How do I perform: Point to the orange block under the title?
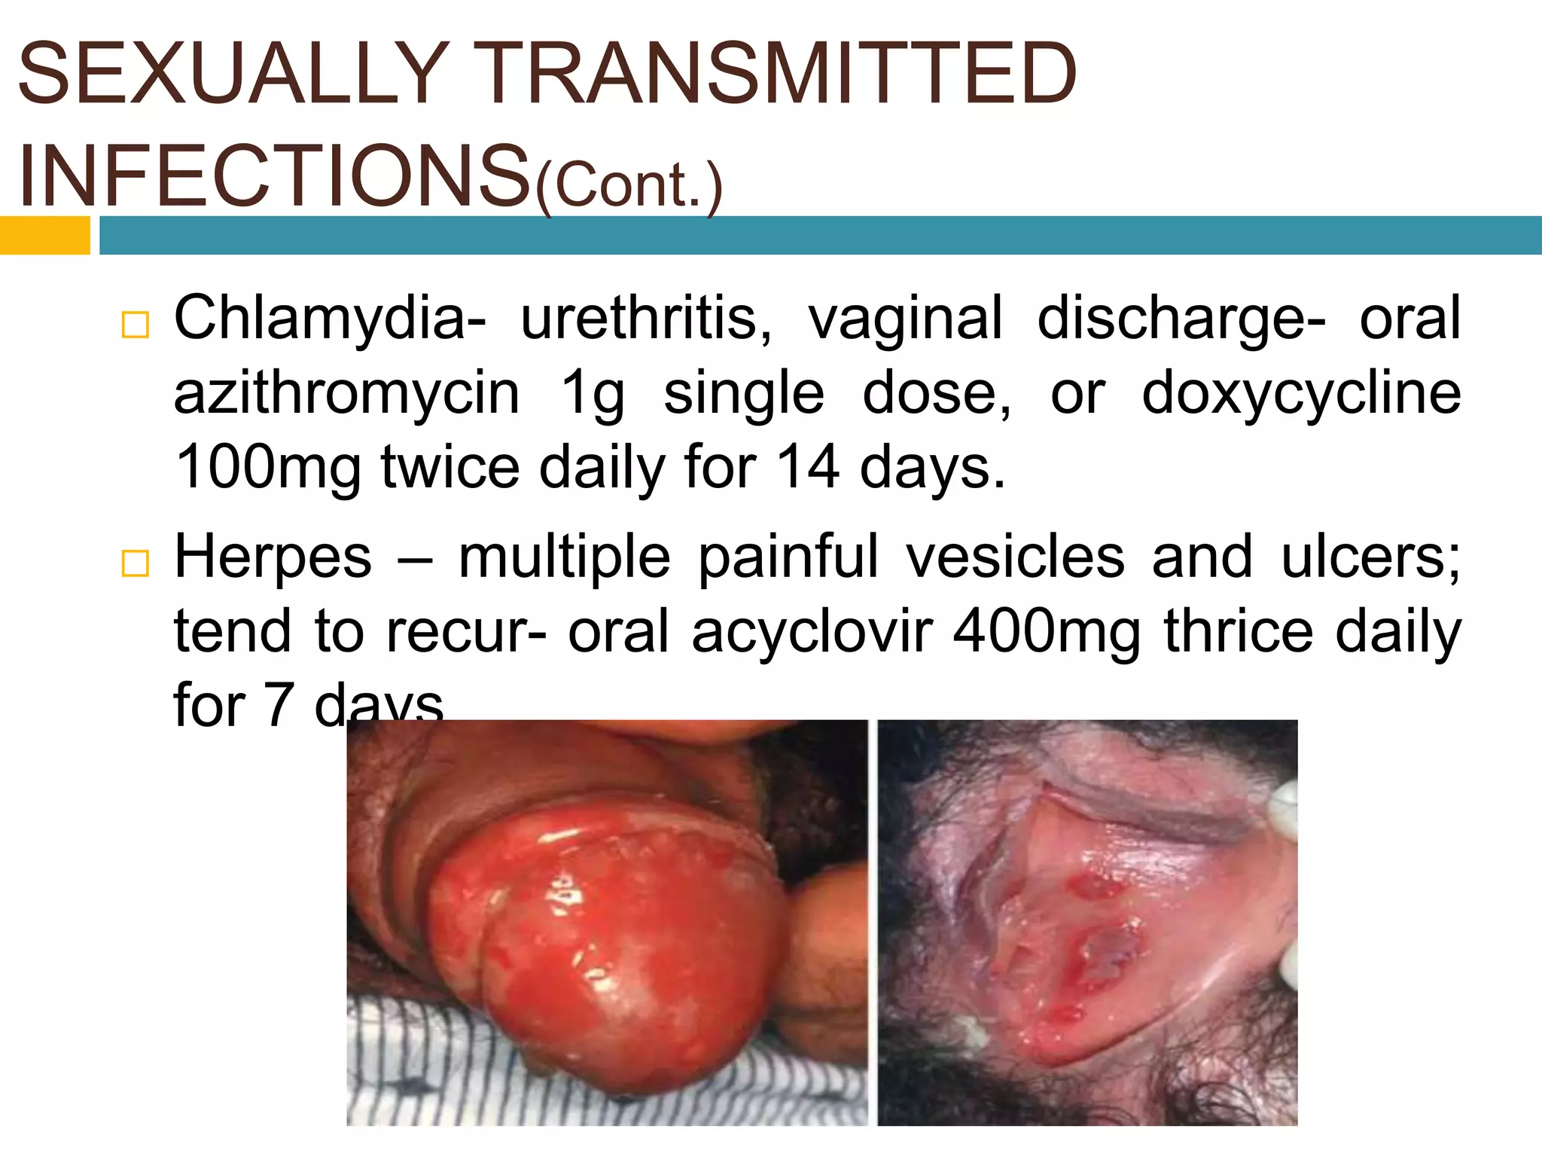(x=44, y=235)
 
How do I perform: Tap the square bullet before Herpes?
(x=135, y=563)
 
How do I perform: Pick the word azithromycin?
(x=346, y=392)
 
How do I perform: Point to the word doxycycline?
(x=1301, y=392)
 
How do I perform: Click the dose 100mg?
(x=267, y=467)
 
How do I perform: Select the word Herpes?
(x=273, y=557)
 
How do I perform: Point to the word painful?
(x=788, y=557)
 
